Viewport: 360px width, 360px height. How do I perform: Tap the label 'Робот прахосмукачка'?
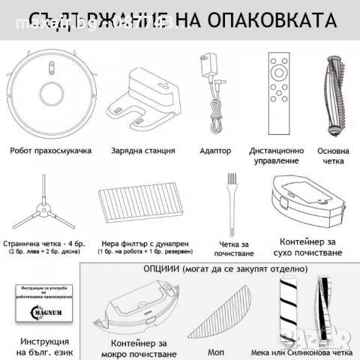pyautogui.click(x=51, y=151)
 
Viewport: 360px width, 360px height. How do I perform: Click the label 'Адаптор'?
pyautogui.click(x=216, y=151)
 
